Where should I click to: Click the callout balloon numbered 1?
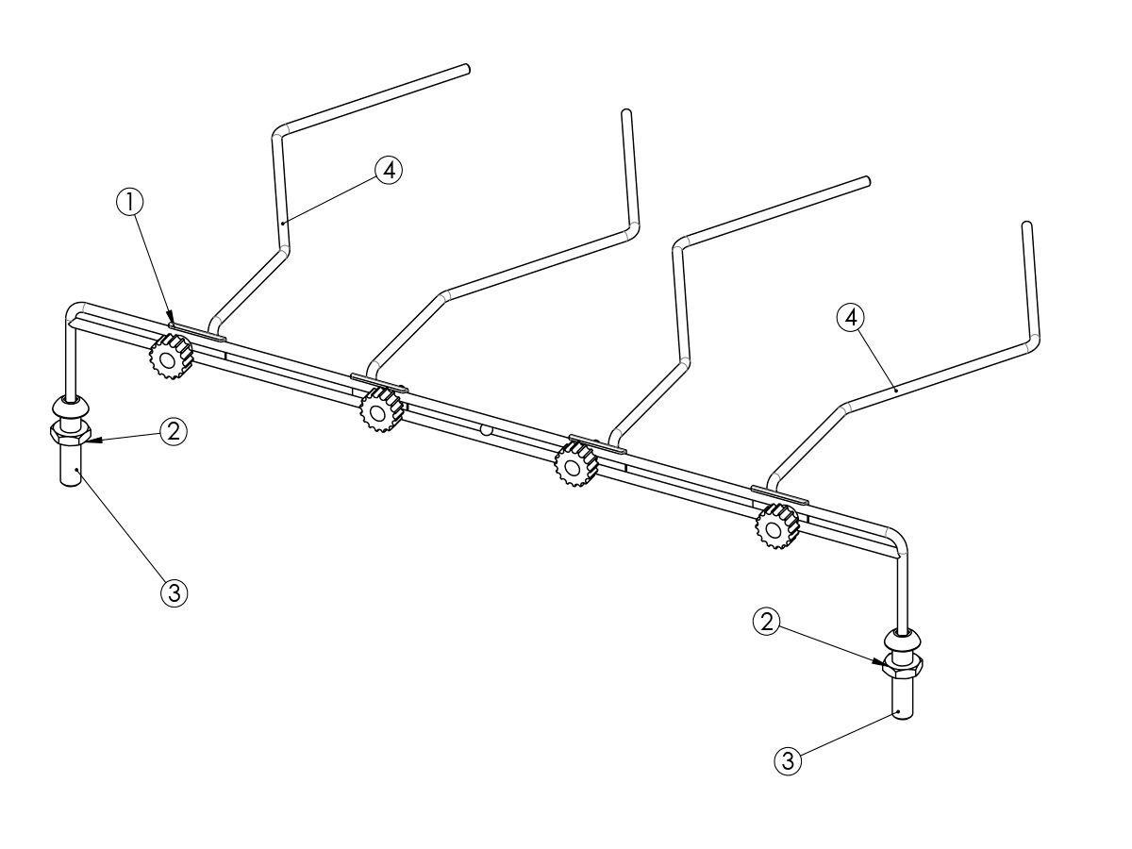click(130, 203)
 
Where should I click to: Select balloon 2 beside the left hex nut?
click(174, 431)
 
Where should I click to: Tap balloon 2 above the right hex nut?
click(767, 623)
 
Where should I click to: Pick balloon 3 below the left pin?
click(175, 593)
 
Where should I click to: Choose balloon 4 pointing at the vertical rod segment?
click(389, 170)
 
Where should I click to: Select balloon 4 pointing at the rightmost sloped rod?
click(851, 319)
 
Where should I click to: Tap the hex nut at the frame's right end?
click(903, 669)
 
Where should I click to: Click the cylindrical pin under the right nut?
click(903, 700)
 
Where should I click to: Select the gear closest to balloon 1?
click(170, 357)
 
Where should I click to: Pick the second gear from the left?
click(382, 410)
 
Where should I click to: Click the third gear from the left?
click(576, 466)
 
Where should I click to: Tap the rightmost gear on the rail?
click(776, 526)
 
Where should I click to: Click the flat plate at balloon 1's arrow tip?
click(197, 332)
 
